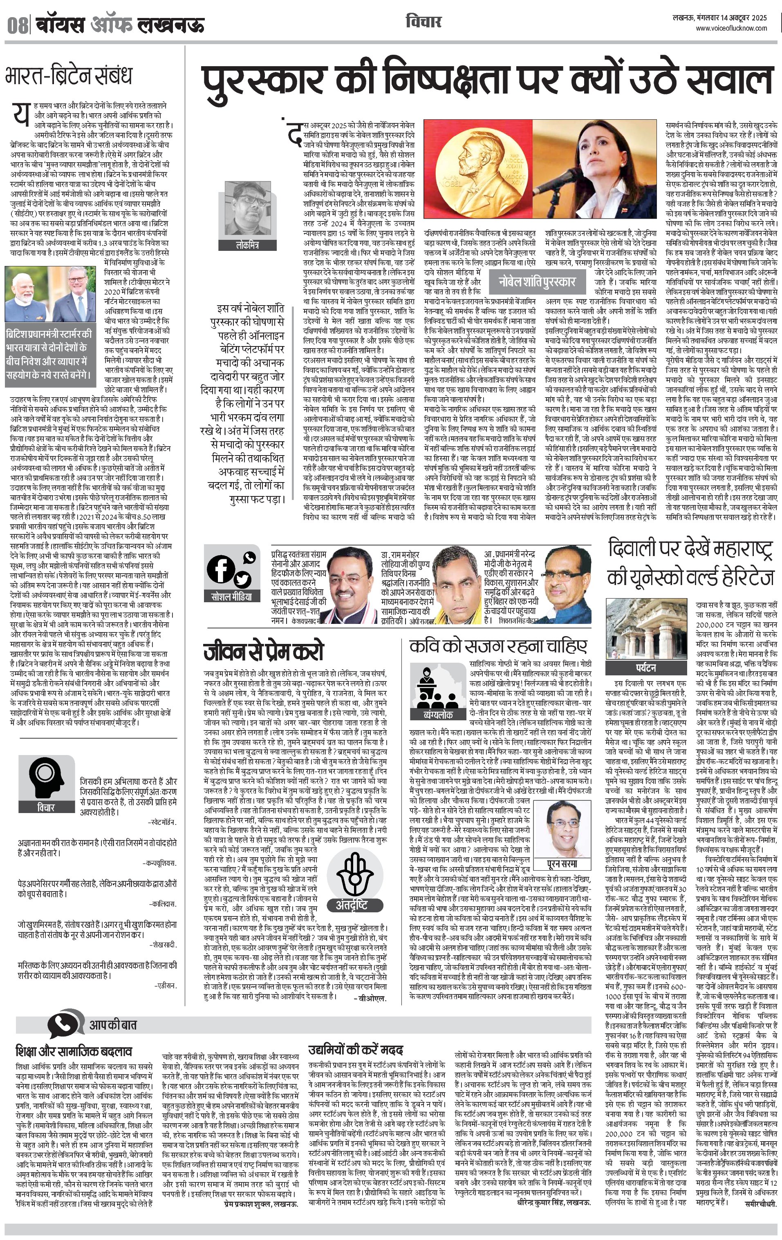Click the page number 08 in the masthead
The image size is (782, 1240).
[17, 24]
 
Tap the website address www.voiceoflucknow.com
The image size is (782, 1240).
[731, 29]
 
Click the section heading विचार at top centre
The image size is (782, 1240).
[423, 22]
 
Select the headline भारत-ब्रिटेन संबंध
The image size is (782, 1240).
[69, 75]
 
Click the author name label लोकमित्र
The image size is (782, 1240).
[247, 245]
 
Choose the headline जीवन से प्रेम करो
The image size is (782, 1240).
[263, 651]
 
